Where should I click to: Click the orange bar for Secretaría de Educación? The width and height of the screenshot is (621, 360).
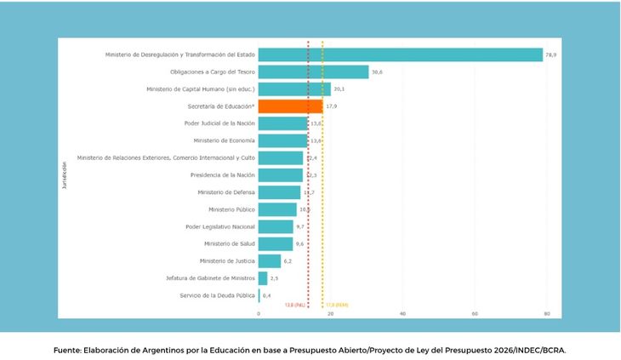(x=290, y=106)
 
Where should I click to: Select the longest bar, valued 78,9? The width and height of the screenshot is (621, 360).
(x=400, y=54)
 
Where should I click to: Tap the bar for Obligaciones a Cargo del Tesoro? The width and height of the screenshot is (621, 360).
(x=313, y=72)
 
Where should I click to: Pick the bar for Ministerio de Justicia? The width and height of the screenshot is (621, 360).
(x=269, y=261)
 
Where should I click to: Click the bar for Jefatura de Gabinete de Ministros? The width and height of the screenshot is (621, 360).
(x=263, y=278)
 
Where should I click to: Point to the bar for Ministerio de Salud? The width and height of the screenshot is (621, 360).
(x=275, y=244)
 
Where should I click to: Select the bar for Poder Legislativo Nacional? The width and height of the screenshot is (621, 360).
(x=275, y=226)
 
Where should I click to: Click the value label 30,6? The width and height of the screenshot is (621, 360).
(x=377, y=72)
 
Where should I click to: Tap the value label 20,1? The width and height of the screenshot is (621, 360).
(x=339, y=89)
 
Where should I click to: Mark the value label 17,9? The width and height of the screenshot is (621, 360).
(x=331, y=106)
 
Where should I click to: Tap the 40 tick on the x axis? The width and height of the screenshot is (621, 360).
(x=402, y=314)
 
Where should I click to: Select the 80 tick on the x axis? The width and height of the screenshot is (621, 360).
(x=546, y=314)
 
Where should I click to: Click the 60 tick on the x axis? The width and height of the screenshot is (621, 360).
(x=475, y=314)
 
